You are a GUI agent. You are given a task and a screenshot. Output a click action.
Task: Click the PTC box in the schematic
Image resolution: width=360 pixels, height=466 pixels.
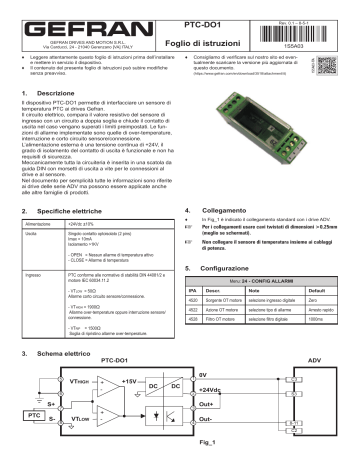point(34,413)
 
